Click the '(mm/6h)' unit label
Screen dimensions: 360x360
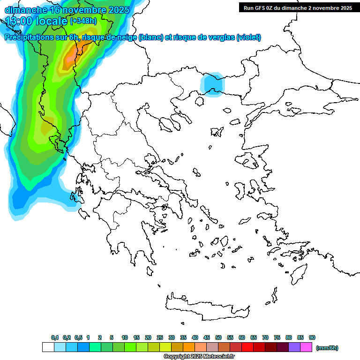[x=327, y=348]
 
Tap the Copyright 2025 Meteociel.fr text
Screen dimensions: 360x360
[x=199, y=357]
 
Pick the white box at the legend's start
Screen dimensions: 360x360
[x=48, y=347]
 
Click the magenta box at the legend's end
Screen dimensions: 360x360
[x=306, y=347]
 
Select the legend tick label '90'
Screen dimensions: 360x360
[x=312, y=337]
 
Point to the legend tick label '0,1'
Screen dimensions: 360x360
[x=54, y=337]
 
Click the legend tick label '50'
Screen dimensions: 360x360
[x=218, y=337]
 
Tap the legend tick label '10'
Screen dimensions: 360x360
[x=125, y=337]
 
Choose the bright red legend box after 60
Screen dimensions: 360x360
[x=247, y=347]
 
